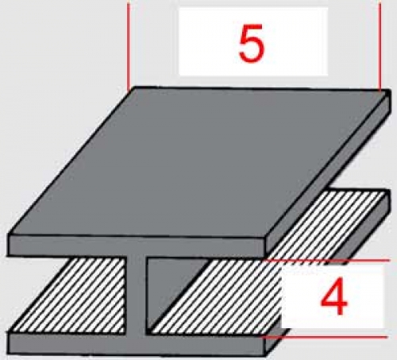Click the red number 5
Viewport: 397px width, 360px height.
point(252,43)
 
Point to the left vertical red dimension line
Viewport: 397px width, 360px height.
point(128,46)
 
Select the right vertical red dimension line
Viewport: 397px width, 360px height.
point(380,46)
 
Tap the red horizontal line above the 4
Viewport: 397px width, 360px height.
point(327,261)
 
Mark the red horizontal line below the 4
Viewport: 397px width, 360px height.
point(324,337)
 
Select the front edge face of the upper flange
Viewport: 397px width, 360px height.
point(137,246)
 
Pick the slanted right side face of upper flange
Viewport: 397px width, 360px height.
point(328,173)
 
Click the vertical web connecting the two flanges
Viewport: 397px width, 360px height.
point(136,294)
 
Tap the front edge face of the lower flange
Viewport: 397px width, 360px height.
point(137,343)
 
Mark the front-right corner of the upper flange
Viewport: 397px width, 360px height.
point(265,236)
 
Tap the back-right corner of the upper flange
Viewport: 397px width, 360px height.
point(389,90)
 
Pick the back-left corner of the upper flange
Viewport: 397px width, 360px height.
point(133,87)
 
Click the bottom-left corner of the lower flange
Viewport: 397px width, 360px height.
point(9,354)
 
